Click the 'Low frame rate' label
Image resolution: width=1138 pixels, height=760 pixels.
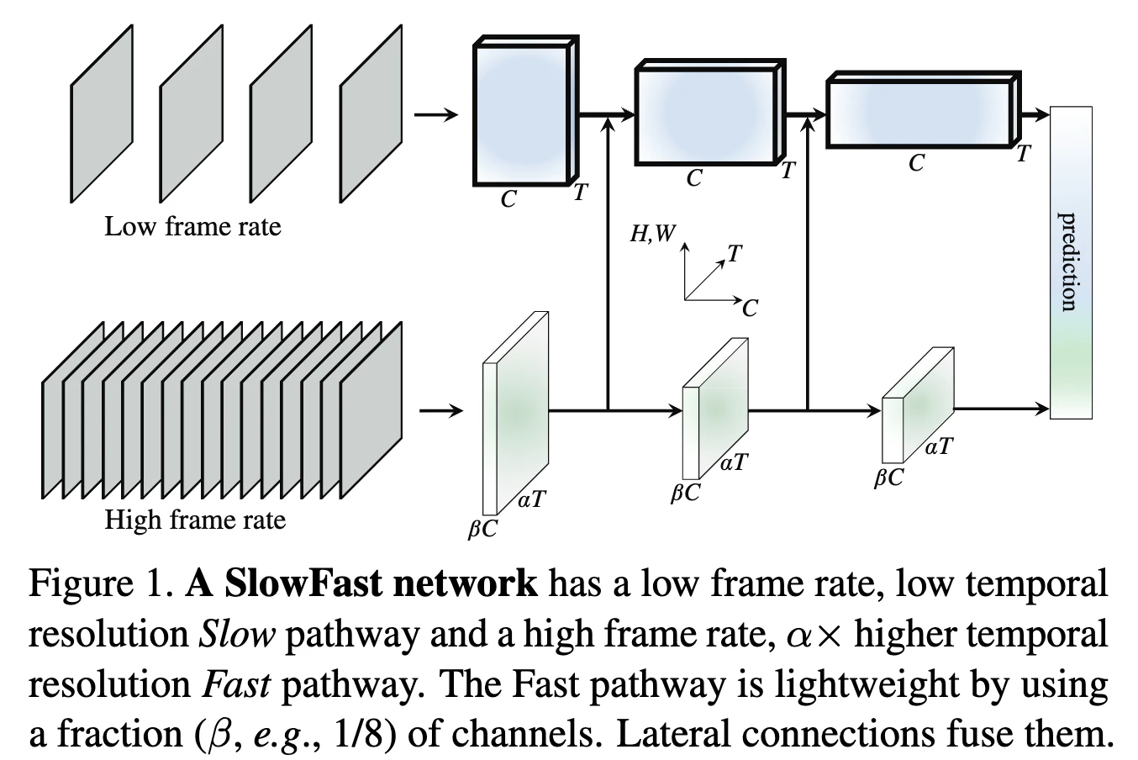pyautogui.click(x=192, y=227)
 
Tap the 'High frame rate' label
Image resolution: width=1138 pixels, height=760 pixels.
pyautogui.click(x=195, y=520)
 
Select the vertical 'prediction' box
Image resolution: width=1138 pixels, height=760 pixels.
pyautogui.click(x=1072, y=262)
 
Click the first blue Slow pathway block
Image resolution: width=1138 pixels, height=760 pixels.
pyautogui.click(x=521, y=115)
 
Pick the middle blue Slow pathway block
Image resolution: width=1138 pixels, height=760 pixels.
pyautogui.click(x=704, y=114)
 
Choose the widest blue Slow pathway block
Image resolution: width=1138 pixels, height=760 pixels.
pyautogui.click(x=919, y=113)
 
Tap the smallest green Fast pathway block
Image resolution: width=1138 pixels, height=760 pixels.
pyautogui.click(x=916, y=405)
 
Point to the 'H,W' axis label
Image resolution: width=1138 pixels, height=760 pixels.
pyautogui.click(x=652, y=234)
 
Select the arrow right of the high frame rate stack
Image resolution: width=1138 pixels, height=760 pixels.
pyautogui.click(x=440, y=411)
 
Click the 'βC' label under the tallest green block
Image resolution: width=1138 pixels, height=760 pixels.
pyautogui.click(x=482, y=530)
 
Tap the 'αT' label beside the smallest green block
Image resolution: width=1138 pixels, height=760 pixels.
pyautogui.click(x=939, y=446)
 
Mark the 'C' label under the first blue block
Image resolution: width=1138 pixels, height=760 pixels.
pyautogui.click(x=508, y=200)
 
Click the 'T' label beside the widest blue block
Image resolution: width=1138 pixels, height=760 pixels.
pyautogui.click(x=1023, y=155)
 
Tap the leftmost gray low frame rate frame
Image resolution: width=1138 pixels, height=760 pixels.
pyautogui.click(x=101, y=113)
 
